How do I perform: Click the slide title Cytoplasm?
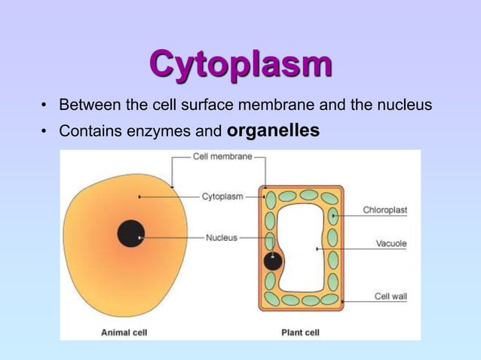pyautogui.click(x=240, y=65)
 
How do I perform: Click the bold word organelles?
pyautogui.click(x=273, y=131)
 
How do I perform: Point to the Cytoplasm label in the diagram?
pyautogui.click(x=222, y=197)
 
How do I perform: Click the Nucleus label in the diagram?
pyautogui.click(x=221, y=237)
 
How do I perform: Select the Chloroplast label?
pyautogui.click(x=384, y=210)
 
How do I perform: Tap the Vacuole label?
pyautogui.click(x=391, y=243)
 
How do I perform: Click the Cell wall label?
pyautogui.click(x=391, y=296)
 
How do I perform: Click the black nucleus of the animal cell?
pyautogui.click(x=131, y=233)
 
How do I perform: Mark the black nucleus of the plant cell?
pyautogui.click(x=273, y=261)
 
